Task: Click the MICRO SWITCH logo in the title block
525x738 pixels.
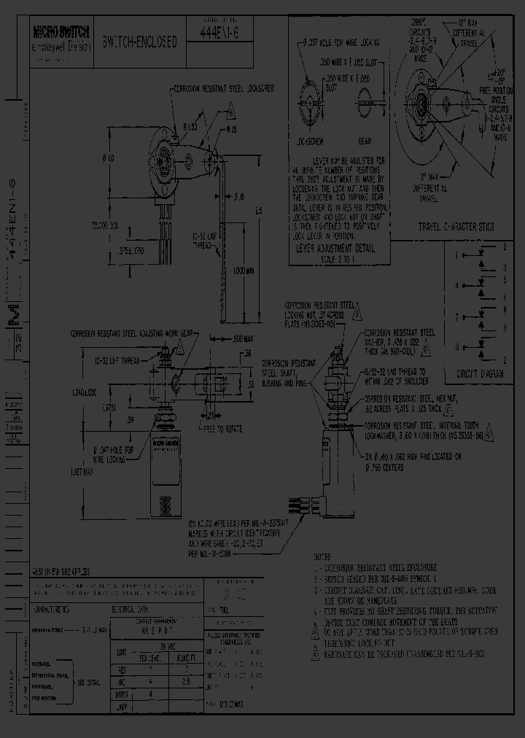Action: (61, 32)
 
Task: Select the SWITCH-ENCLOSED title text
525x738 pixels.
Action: (139, 42)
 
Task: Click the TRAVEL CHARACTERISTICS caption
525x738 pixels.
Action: (455, 227)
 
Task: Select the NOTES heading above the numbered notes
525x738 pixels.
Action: (323, 554)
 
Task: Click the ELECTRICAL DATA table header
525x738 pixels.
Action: (132, 607)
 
